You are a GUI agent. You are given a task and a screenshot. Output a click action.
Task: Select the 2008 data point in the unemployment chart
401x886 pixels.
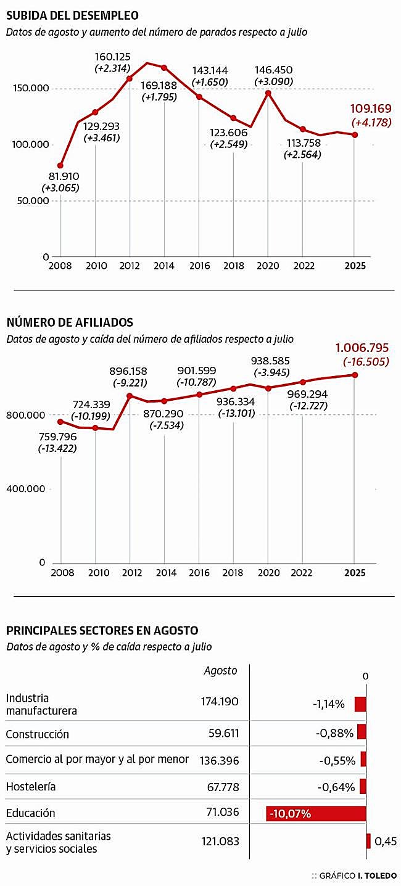pos(60,165)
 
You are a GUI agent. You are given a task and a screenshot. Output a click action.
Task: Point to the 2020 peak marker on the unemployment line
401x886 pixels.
pos(268,93)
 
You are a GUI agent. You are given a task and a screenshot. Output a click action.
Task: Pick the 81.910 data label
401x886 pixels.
pos(60,176)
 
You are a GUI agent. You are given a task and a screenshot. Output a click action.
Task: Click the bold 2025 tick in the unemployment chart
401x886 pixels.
pos(355,266)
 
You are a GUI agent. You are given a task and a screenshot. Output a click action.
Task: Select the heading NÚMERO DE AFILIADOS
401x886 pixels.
pos(70,322)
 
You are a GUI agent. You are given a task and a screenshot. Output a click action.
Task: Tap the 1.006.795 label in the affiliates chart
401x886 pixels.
pos(362,348)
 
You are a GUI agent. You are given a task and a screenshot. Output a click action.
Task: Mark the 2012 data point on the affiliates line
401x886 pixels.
pos(130,396)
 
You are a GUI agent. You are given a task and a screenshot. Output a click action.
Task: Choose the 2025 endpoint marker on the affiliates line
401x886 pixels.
pos(355,374)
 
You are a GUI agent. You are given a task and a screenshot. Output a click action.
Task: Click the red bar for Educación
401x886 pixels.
pos(316,813)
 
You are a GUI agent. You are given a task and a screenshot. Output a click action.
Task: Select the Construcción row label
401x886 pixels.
pos(38,734)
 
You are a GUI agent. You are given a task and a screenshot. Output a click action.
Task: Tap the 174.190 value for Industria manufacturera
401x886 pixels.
pos(219,701)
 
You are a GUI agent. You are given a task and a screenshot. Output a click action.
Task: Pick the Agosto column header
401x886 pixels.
pos(220,671)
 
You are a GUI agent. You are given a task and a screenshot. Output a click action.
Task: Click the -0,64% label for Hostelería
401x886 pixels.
pos(337,787)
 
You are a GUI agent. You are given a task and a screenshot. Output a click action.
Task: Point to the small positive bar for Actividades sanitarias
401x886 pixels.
pos(368,841)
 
